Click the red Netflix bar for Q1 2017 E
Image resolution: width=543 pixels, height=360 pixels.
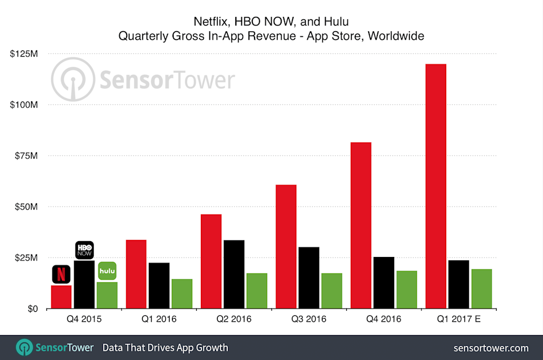436,186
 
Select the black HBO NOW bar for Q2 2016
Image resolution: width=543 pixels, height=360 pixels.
234,275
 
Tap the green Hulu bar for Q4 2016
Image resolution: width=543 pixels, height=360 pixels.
407,290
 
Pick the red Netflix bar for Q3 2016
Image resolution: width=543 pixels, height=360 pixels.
286,247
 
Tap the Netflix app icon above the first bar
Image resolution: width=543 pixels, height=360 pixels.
61,274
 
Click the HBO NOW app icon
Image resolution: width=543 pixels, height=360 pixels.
84,250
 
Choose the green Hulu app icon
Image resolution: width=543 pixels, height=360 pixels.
107,271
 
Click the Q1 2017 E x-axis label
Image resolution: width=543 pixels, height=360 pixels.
458,319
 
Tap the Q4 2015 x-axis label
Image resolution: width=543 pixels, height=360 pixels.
84,319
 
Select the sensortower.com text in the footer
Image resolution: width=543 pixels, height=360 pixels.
491,347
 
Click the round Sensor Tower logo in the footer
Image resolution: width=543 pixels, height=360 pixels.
24,347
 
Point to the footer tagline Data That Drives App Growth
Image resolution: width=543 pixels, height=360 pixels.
165,347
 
